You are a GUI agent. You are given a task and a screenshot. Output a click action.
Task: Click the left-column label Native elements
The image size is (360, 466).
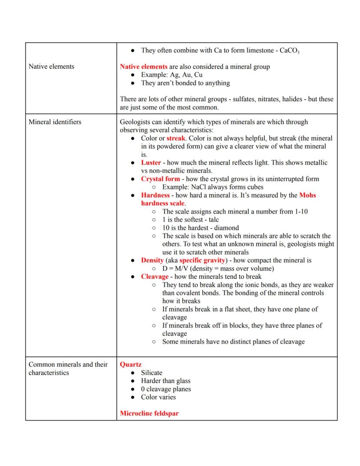tap(51, 67)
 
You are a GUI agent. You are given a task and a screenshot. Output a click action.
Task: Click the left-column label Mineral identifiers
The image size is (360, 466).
tap(55, 122)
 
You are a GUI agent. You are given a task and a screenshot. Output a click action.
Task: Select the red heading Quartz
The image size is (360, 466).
tap(130, 364)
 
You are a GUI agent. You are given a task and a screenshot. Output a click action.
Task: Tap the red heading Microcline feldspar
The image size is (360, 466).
tap(149, 413)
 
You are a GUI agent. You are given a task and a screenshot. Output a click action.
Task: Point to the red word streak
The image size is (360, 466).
tap(176, 138)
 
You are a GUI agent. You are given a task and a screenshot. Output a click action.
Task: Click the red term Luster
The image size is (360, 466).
tap(151, 163)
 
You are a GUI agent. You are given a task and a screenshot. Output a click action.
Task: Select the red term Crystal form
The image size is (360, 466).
tap(160, 179)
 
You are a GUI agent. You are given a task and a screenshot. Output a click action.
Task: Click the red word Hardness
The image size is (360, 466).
tap(155, 195)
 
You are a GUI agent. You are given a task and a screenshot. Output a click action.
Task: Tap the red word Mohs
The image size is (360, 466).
tap(307, 195)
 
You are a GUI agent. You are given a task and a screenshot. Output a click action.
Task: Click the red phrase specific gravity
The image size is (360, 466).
tap(202, 260)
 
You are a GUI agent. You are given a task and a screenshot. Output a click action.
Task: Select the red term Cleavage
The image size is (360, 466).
tap(154, 277)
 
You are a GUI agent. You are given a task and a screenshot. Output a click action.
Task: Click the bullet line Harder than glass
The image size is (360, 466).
tap(166, 381)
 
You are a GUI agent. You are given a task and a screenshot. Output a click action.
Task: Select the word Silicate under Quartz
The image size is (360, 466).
tap(151, 372)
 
